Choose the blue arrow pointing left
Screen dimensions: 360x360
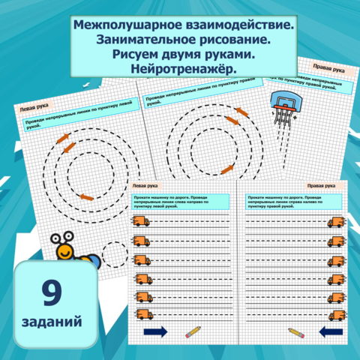tap(330, 331)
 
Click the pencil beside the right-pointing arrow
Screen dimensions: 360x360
tap(193, 331)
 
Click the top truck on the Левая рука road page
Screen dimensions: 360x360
tap(140, 220)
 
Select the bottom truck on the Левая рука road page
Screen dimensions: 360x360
tap(141, 314)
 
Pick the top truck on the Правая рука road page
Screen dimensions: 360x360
tap(335, 221)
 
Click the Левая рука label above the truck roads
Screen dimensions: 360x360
tap(145, 184)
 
